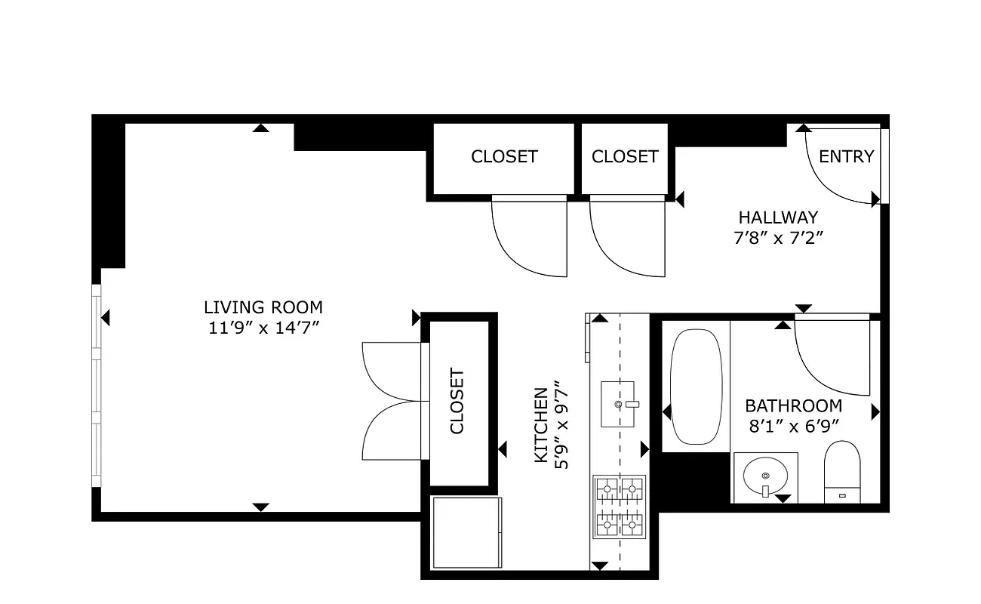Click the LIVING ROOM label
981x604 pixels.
pos(263,307)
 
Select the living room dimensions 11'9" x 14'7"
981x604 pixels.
pos(263,328)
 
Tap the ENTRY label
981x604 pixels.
pos(846,156)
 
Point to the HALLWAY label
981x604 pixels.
pos(778,217)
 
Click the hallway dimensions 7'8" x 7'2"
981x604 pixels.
pos(778,238)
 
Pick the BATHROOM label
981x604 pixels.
pos(793,405)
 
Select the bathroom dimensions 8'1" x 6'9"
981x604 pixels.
pos(793,426)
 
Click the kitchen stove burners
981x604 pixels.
pos(620,506)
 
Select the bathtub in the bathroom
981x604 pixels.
pos(696,387)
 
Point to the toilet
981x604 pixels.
pos(842,471)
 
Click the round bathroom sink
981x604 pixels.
pos(765,476)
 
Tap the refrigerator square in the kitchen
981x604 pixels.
pos(466,533)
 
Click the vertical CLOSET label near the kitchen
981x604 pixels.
pos(457,401)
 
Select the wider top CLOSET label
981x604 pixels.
pos(504,156)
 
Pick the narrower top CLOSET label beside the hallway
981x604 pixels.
pos(625,156)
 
